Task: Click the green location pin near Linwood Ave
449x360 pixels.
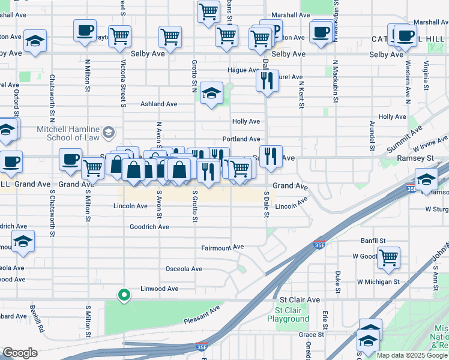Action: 124,295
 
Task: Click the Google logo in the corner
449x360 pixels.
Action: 20,353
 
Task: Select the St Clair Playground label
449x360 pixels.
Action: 292,315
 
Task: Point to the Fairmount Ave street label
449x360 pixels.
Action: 222,247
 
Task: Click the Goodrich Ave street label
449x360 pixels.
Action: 149,227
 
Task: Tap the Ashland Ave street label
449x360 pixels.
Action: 158,104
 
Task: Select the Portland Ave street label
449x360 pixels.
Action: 241,139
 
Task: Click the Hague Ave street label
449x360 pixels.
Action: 242,70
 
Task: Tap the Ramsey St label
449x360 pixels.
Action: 415,158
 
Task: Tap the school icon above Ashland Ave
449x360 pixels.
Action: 211,93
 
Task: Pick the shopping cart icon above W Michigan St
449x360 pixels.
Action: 388,257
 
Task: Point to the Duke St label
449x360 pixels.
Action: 338,278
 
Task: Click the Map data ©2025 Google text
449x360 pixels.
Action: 412,355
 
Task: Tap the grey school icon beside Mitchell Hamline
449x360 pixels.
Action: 109,131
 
